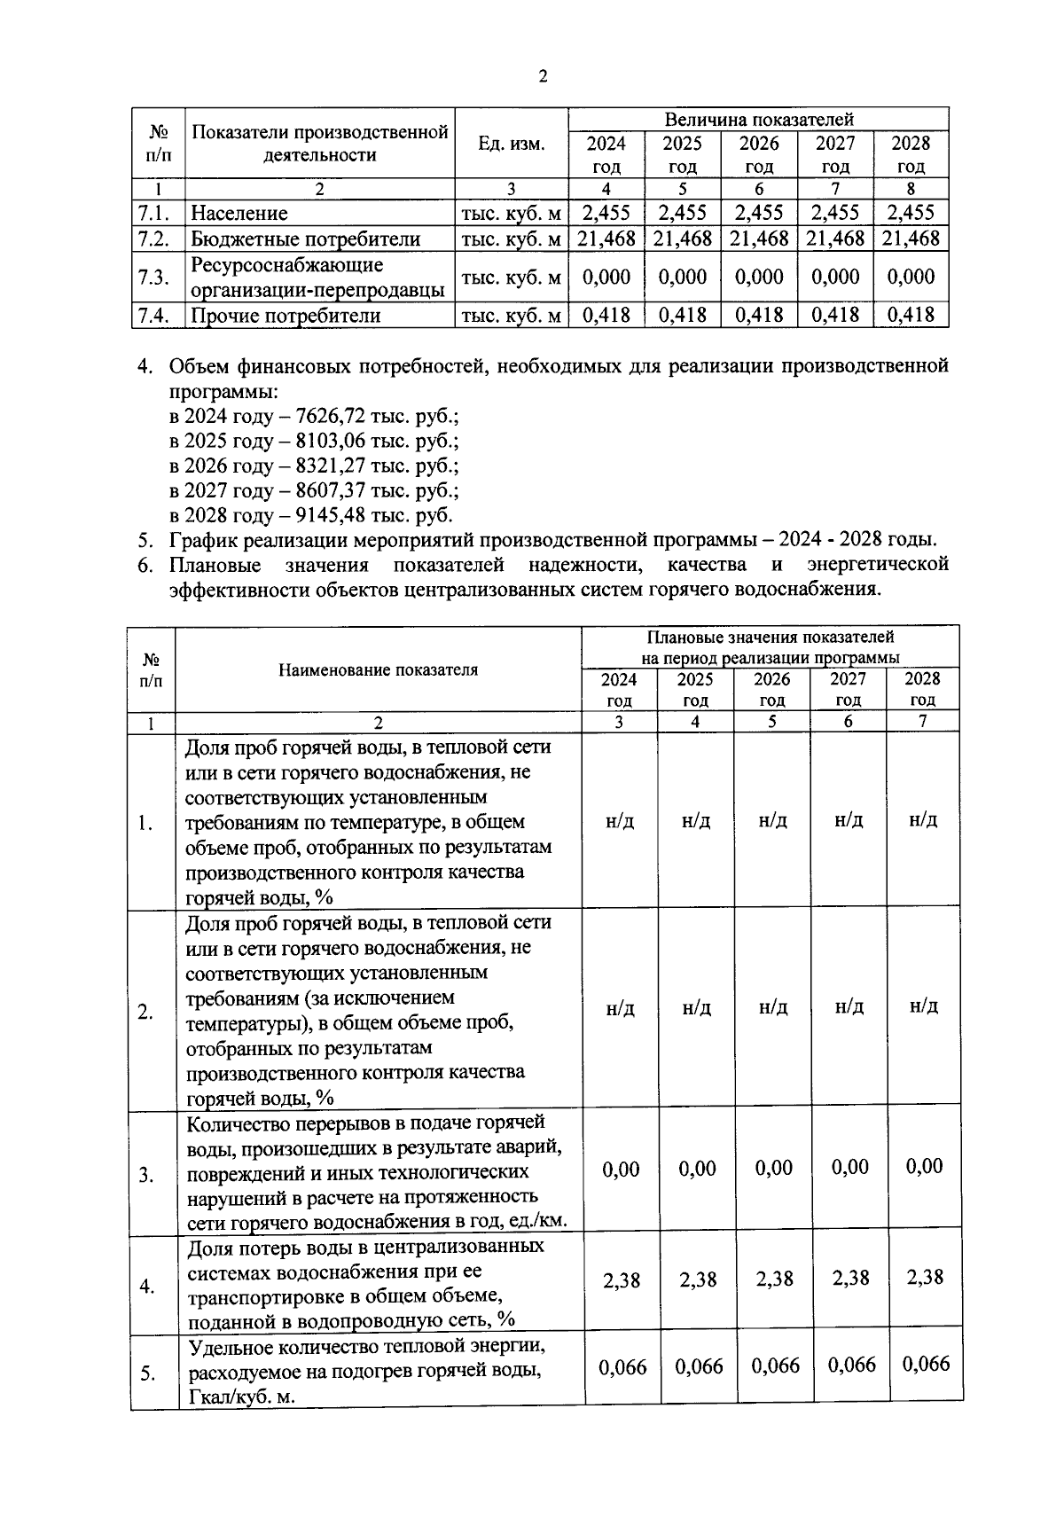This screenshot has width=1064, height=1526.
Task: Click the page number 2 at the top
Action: [x=543, y=76]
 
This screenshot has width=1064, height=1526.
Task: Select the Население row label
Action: [x=239, y=213]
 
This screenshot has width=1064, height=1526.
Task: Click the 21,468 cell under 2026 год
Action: [x=759, y=238]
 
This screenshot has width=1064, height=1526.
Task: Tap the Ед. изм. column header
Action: [x=511, y=144]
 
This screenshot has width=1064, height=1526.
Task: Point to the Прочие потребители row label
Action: [x=286, y=316]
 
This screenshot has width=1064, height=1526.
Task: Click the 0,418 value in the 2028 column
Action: [x=911, y=315]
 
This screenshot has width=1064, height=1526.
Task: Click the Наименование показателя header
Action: [x=378, y=669]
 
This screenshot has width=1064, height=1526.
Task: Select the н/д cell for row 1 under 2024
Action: [x=620, y=821]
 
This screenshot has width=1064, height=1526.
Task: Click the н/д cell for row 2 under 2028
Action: [x=923, y=1006]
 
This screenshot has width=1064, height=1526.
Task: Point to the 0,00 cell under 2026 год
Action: [x=773, y=1168]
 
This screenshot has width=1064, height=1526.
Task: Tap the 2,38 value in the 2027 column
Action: [x=849, y=1279]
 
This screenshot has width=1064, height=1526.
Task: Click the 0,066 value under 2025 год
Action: [x=698, y=1366]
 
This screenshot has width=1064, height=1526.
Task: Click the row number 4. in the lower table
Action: [x=147, y=1286]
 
